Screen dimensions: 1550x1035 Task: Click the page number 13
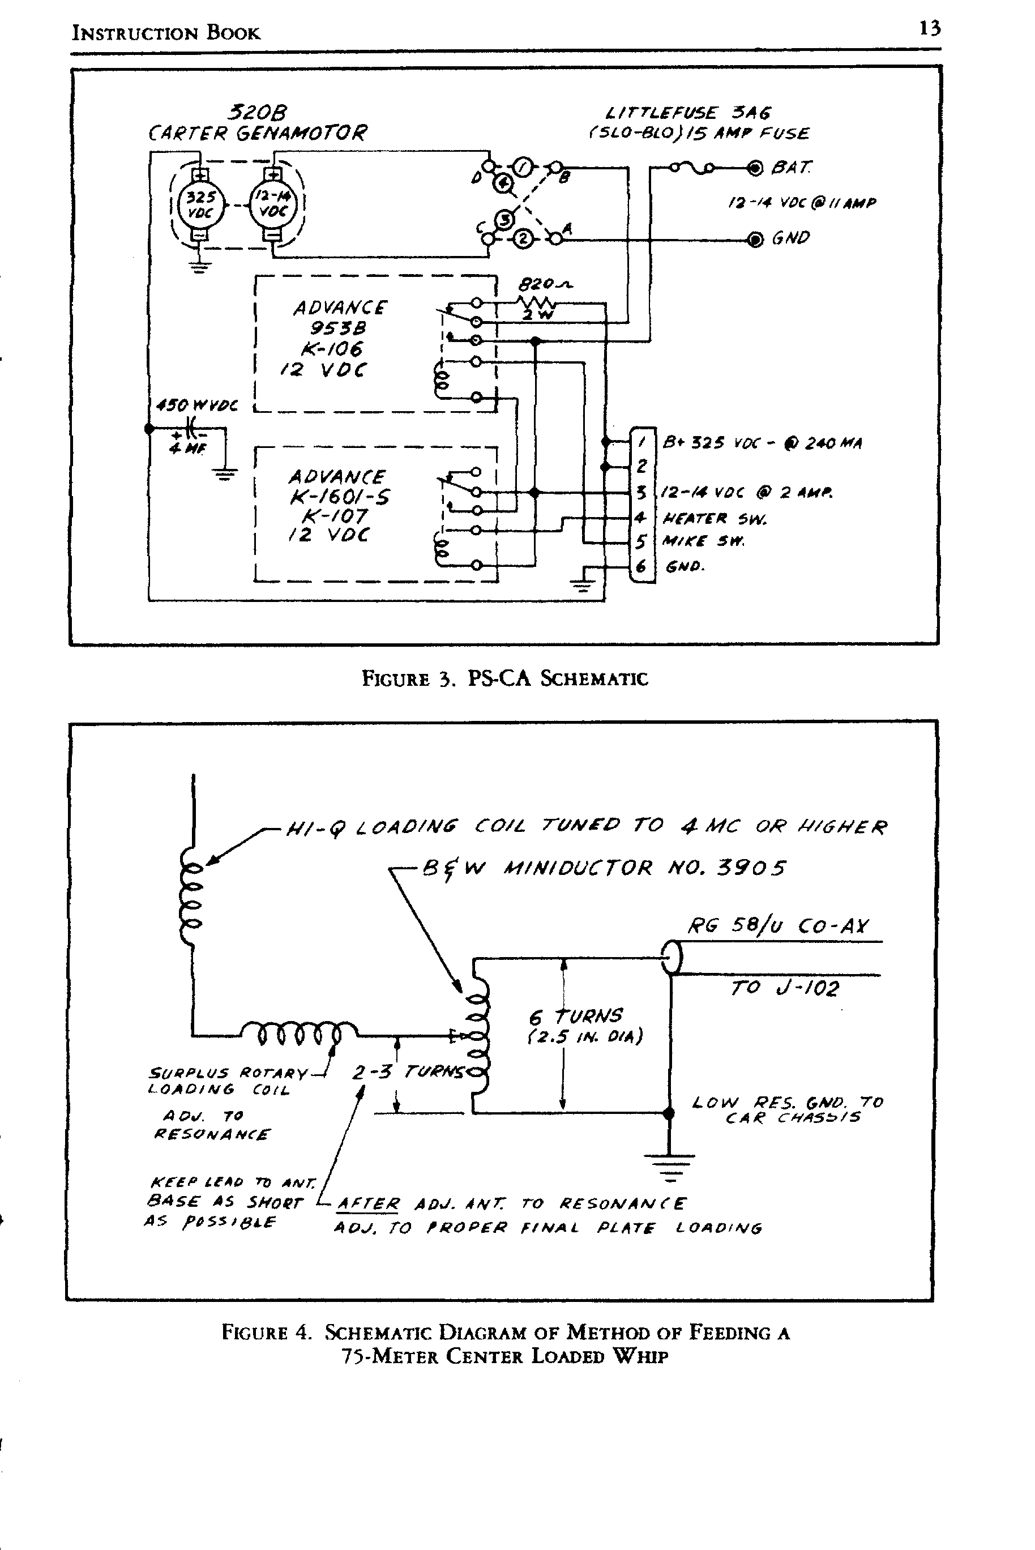929,28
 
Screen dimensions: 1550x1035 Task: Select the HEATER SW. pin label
714,518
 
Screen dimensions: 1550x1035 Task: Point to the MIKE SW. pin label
704,542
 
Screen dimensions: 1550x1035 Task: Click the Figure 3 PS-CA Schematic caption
505,678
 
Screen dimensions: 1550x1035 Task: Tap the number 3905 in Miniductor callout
751,867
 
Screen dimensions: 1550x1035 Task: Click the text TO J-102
784,988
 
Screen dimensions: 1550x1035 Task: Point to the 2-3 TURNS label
407,1072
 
